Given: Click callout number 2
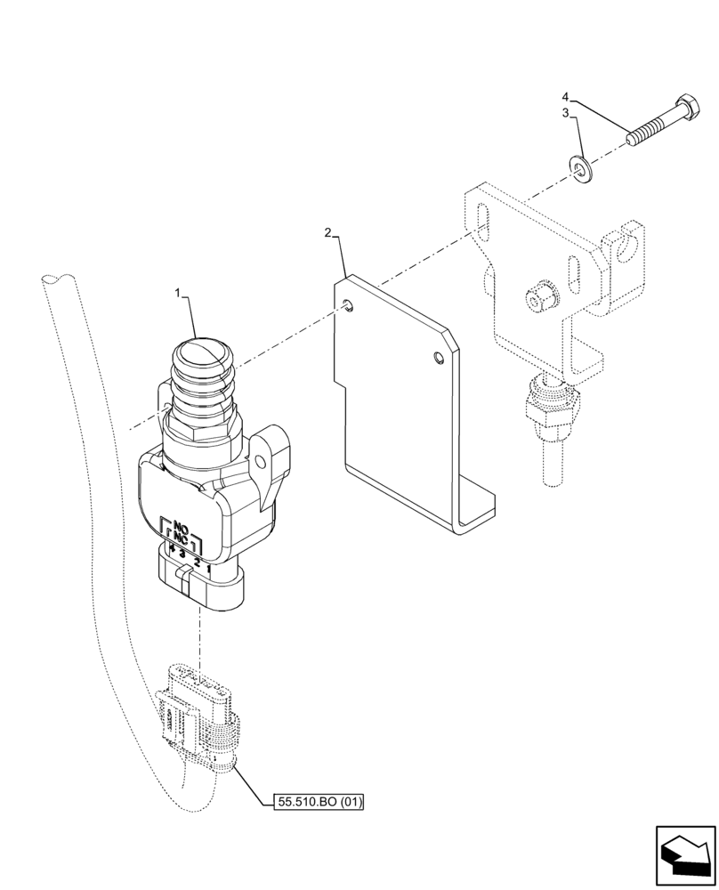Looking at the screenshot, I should (x=327, y=233).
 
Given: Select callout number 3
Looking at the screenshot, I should (x=565, y=113).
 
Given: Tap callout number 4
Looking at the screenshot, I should (x=565, y=95).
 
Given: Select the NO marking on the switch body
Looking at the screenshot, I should (x=182, y=525).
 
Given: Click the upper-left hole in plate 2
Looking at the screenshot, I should (x=349, y=306).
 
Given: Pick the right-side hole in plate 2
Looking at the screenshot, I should (x=436, y=358).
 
